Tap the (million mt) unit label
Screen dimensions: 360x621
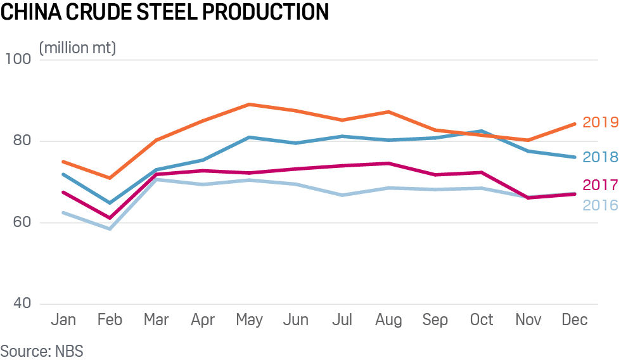tap(78, 48)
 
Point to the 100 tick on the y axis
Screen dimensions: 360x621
tap(17, 60)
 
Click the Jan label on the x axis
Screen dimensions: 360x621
tap(63, 320)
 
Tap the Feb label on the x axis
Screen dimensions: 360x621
tap(110, 320)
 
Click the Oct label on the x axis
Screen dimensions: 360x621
tap(482, 320)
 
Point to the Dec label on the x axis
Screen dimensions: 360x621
tap(574, 320)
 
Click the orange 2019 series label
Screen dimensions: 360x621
tap(599, 122)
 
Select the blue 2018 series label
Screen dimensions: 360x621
tap(599, 157)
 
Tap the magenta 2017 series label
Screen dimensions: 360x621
tap(599, 185)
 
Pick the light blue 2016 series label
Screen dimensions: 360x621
tap(599, 205)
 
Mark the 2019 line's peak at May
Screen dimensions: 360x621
tap(250, 104)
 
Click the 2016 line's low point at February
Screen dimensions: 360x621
tap(110, 229)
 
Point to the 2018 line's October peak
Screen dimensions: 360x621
tap(482, 131)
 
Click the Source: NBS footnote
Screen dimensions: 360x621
tap(42, 350)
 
